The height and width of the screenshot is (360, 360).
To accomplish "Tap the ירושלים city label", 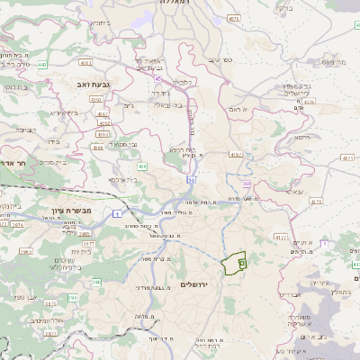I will [193, 284].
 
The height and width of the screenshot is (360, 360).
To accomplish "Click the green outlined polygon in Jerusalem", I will [233, 263].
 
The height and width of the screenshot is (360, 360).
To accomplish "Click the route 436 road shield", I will [142, 166].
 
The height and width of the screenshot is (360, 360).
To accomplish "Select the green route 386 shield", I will [95, 283].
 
